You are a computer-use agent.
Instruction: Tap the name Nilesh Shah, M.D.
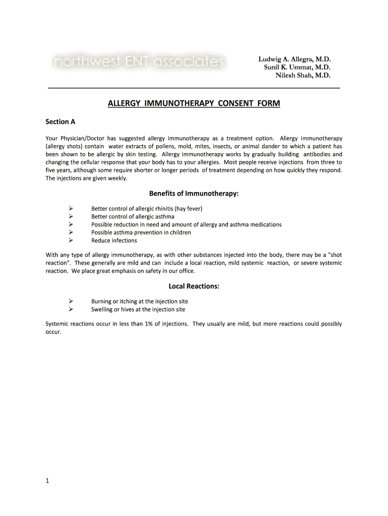(x=303, y=75)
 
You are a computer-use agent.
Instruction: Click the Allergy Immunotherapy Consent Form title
(x=193, y=104)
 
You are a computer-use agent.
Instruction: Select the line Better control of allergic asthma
(x=133, y=217)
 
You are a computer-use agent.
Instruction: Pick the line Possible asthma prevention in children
(x=141, y=233)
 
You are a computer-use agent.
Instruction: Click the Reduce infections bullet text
(x=114, y=241)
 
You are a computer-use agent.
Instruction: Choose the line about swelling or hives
(x=138, y=309)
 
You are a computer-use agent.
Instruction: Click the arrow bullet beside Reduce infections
(x=71, y=241)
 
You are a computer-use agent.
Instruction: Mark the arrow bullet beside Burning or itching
(x=71, y=301)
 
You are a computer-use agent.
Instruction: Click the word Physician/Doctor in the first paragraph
(x=82, y=138)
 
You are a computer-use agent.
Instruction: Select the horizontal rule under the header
(x=193, y=88)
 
